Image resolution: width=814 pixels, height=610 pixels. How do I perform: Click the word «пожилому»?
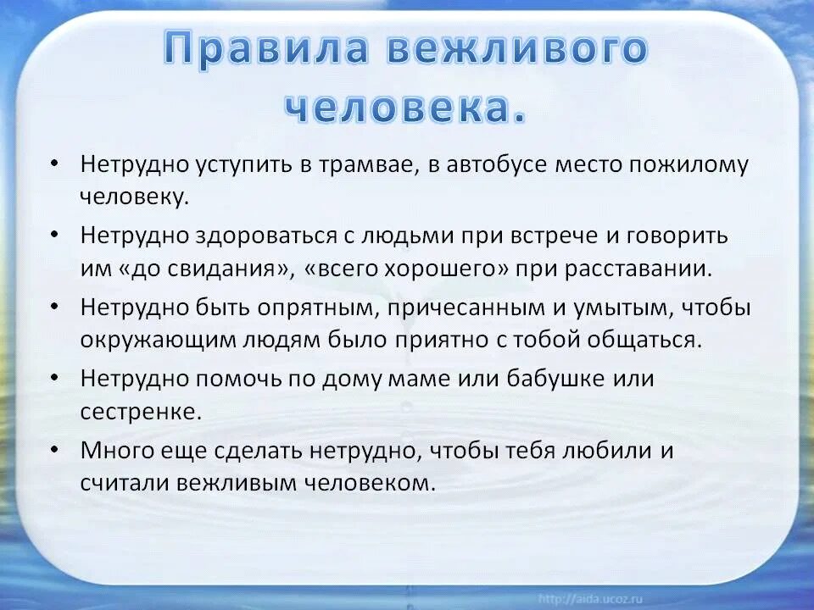(699, 164)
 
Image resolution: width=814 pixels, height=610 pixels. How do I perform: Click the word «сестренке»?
(141, 412)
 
